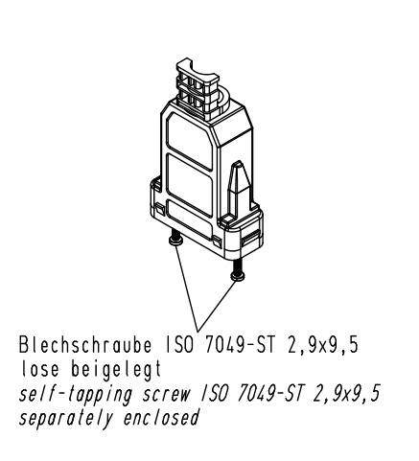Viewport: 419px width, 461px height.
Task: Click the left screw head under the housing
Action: pyautogui.click(x=175, y=242)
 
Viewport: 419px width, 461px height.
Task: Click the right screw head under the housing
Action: pyautogui.click(x=238, y=276)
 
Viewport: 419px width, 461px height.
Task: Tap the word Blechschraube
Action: pyautogui.click(x=85, y=345)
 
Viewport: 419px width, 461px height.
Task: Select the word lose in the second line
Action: pyautogui.click(x=40, y=369)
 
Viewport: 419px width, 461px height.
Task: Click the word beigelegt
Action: pyautogui.click(x=116, y=370)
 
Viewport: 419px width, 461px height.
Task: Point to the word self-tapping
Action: pyautogui.click(x=76, y=394)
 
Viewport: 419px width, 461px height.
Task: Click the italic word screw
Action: pyautogui.click(x=167, y=395)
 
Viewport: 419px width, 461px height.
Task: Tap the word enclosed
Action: pyautogui.click(x=161, y=417)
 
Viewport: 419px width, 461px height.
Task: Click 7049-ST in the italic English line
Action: pyautogui.click(x=269, y=394)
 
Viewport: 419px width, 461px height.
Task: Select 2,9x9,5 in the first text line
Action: pyautogui.click(x=322, y=345)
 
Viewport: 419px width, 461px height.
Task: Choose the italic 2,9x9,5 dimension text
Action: pyautogui.click(x=347, y=394)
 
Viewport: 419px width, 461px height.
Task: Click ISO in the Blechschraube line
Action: pyautogui.click(x=179, y=345)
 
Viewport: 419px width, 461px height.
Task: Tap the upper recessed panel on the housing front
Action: pyautogui.click(x=189, y=141)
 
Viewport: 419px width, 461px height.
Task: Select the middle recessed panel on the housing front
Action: pyautogui.click(x=189, y=185)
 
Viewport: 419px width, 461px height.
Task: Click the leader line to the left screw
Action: pyautogui.click(x=186, y=288)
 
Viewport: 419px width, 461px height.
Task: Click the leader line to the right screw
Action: pyautogui.click(x=218, y=306)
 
